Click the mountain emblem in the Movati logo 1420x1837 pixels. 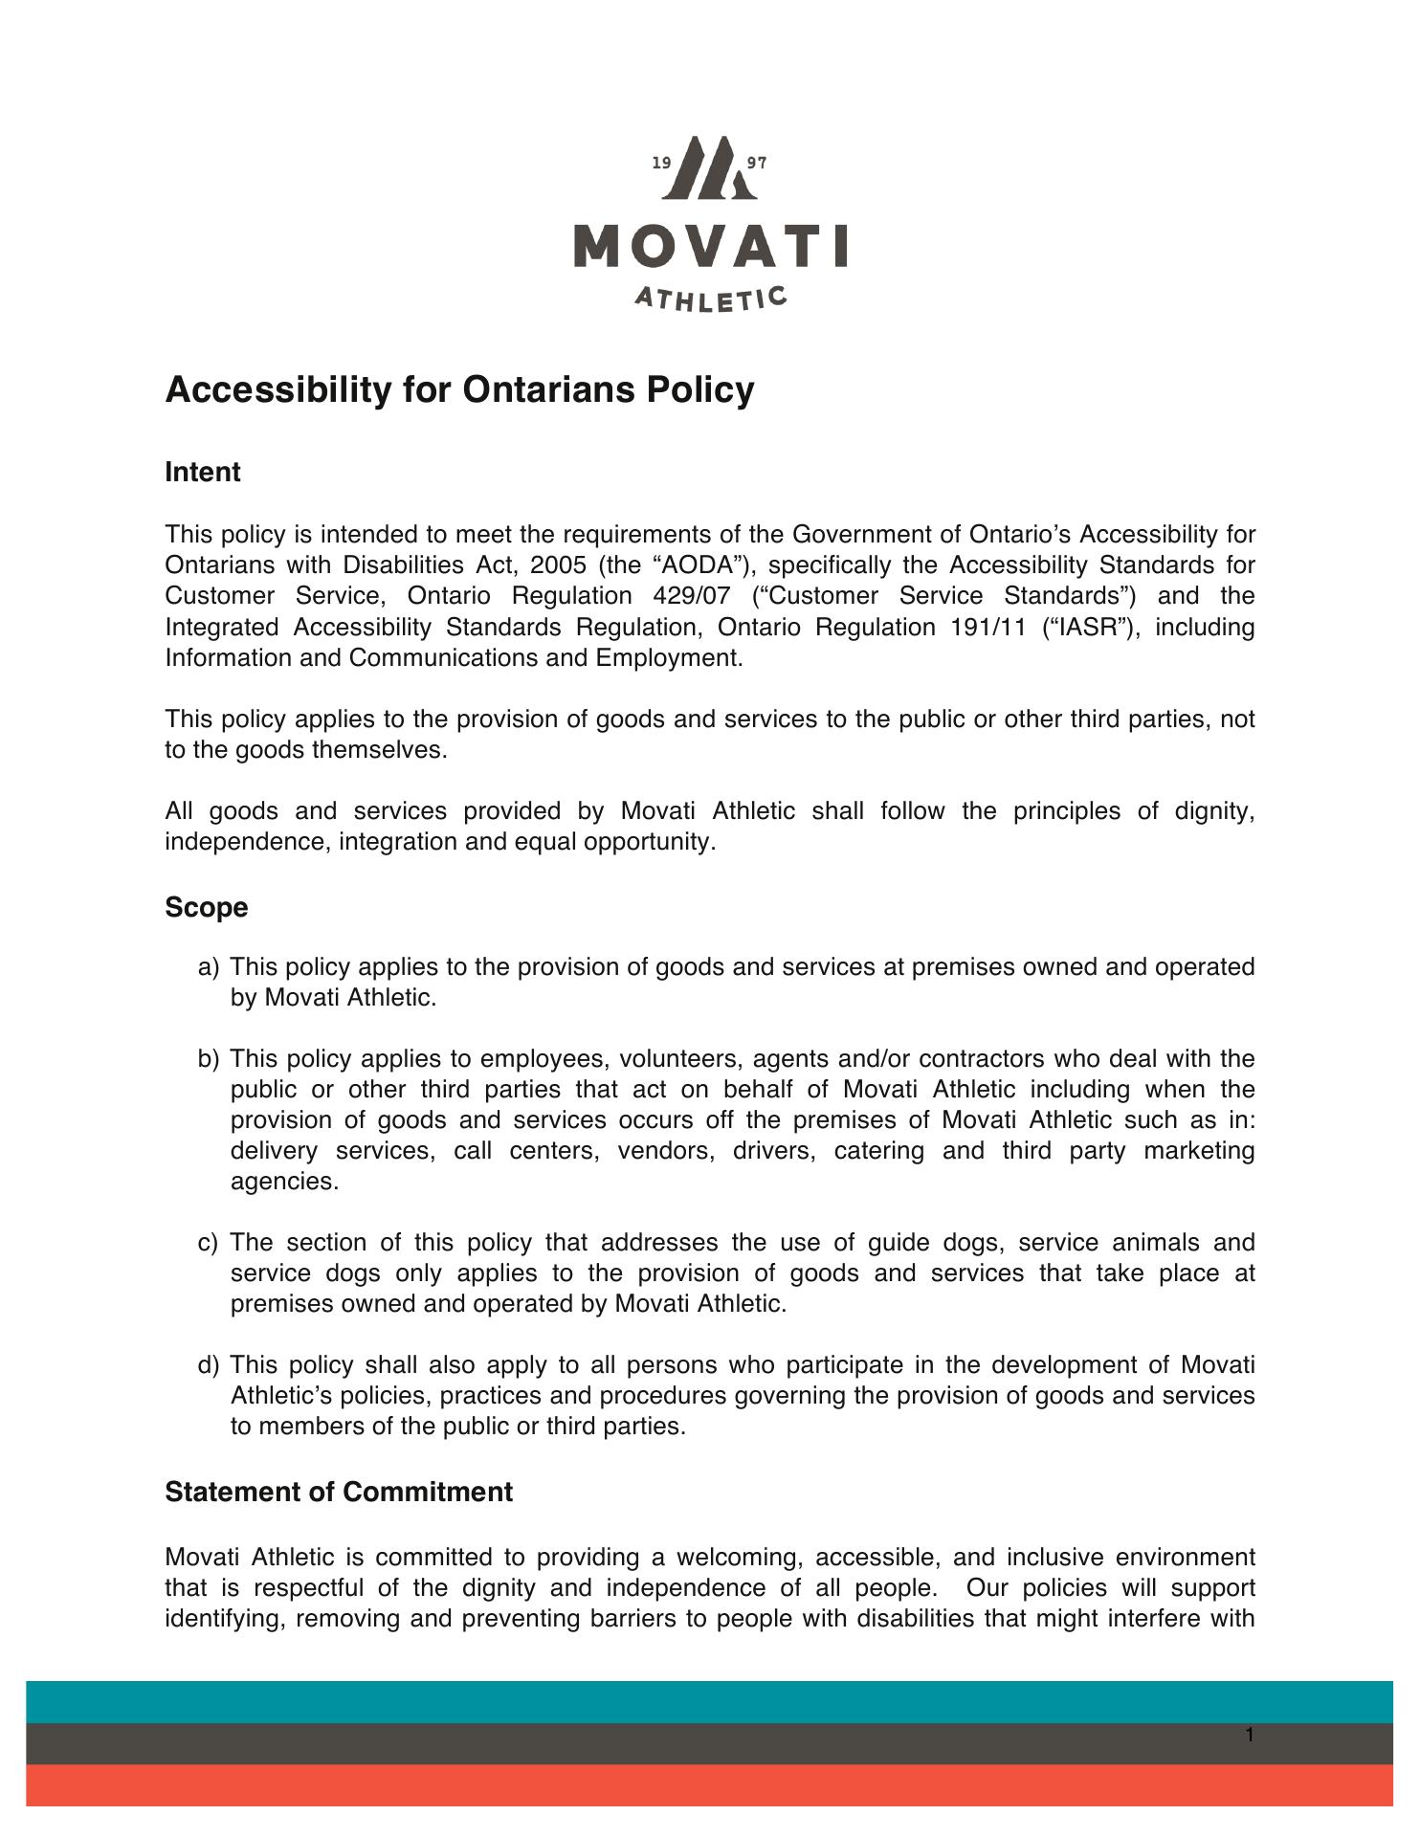[x=710, y=168]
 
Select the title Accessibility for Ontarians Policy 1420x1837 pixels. [x=459, y=390]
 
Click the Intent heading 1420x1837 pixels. [x=202, y=473]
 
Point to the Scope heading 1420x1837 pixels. [x=206, y=907]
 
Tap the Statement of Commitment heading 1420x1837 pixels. [x=339, y=1492]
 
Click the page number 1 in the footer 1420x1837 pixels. [x=1250, y=1735]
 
